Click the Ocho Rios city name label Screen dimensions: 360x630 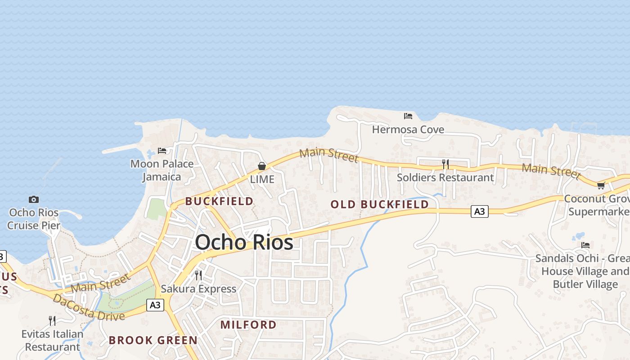coord(244,243)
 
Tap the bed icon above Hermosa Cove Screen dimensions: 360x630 coord(408,116)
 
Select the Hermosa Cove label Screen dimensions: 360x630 coord(408,130)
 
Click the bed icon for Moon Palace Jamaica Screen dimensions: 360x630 coord(162,150)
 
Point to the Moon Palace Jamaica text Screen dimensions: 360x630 coord(162,170)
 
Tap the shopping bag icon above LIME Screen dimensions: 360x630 coord(262,166)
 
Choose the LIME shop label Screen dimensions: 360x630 coord(262,179)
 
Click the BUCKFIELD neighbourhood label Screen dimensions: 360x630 coord(219,201)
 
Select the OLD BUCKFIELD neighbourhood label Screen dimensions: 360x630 coord(379,204)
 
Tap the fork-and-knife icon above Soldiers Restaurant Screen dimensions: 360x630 coord(445,164)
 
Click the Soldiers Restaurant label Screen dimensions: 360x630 coord(445,177)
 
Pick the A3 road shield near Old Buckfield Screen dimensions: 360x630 coord(480,211)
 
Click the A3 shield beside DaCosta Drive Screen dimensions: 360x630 coord(155,305)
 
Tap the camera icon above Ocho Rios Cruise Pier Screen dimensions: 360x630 coord(34,199)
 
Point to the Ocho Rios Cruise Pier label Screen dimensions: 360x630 coord(34,219)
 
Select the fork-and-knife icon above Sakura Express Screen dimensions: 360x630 coord(198,275)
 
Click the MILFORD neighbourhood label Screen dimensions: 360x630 coord(248,324)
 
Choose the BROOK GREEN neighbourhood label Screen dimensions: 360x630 coord(153,340)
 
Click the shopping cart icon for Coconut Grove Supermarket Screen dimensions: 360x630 coord(601,185)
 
